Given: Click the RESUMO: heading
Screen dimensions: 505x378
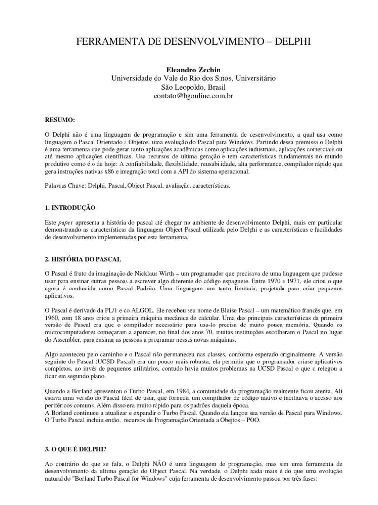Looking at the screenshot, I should [60, 120].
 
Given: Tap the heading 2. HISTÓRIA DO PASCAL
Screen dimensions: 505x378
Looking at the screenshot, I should [83, 259].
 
